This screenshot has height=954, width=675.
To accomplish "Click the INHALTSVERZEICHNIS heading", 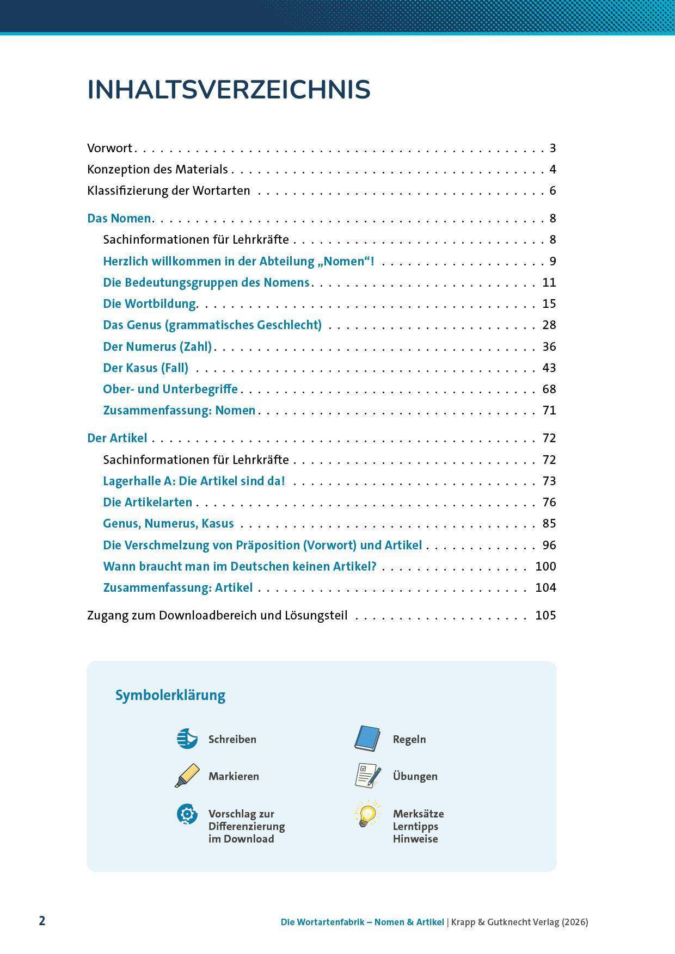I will (x=229, y=90).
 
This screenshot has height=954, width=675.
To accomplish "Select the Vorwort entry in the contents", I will (x=110, y=148).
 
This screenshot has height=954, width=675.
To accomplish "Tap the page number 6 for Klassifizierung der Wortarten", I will (x=553, y=191).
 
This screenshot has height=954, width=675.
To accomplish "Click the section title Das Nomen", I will (x=119, y=219).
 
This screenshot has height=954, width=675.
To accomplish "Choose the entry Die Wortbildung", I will (x=150, y=304).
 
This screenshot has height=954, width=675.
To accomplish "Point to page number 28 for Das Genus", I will (x=549, y=325).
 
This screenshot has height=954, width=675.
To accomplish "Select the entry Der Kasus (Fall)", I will (x=145, y=368).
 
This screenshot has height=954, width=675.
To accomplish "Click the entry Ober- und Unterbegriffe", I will (x=170, y=389).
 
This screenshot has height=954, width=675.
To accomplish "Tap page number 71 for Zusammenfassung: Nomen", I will (x=549, y=411).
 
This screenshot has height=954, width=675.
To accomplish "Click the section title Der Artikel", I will (x=117, y=438).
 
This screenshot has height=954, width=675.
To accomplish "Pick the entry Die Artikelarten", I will (x=148, y=503).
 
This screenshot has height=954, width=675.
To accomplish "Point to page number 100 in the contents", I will (x=545, y=567).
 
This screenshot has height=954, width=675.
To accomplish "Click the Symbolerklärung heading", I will (x=170, y=696).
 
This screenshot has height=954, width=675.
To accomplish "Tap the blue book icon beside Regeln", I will (x=367, y=739).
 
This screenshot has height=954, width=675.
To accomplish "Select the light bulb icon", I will (x=367, y=814).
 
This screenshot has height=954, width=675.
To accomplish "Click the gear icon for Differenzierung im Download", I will (x=187, y=814).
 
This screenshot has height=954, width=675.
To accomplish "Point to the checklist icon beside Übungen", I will (x=367, y=776).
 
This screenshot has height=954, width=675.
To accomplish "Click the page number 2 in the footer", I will (x=42, y=921).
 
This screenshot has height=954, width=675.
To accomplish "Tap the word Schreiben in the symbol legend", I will (x=232, y=740).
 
